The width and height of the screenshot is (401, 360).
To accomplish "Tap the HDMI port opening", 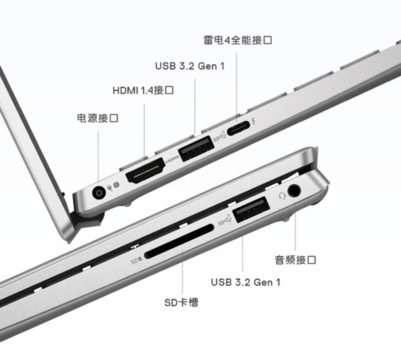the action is pos(145,171).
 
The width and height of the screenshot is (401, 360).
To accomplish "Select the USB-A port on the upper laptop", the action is pos(196,149).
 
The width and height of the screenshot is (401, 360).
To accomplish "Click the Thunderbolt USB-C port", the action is pos(238,128).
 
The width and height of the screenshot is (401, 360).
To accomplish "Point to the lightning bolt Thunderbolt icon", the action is pos(253,121).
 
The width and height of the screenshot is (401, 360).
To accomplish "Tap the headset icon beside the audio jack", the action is pos(282,196).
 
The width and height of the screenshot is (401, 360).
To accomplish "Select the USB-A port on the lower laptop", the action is pos(251,210).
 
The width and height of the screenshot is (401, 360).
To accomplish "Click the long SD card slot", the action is pos(179,241).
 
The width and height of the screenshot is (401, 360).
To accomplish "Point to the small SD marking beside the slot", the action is pos(136,261).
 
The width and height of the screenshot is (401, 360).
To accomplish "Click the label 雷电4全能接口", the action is pos(238,40).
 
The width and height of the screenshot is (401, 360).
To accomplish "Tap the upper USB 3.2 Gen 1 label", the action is pos(190,66).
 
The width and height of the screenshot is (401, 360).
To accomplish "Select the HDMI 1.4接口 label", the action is pos(143,90).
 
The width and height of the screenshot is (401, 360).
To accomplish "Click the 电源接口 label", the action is pos(97,118).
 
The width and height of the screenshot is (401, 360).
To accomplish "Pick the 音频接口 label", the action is pos(295,260).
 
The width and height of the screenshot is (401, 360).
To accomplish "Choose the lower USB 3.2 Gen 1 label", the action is pos(246,282).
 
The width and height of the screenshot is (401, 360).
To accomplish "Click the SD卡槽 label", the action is pos(181,303).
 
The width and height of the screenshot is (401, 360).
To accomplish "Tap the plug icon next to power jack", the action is pos(110,188).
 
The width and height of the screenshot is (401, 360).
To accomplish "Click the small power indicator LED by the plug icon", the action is pos(116,185).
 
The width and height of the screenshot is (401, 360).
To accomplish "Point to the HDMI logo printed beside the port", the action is pos(172,160).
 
